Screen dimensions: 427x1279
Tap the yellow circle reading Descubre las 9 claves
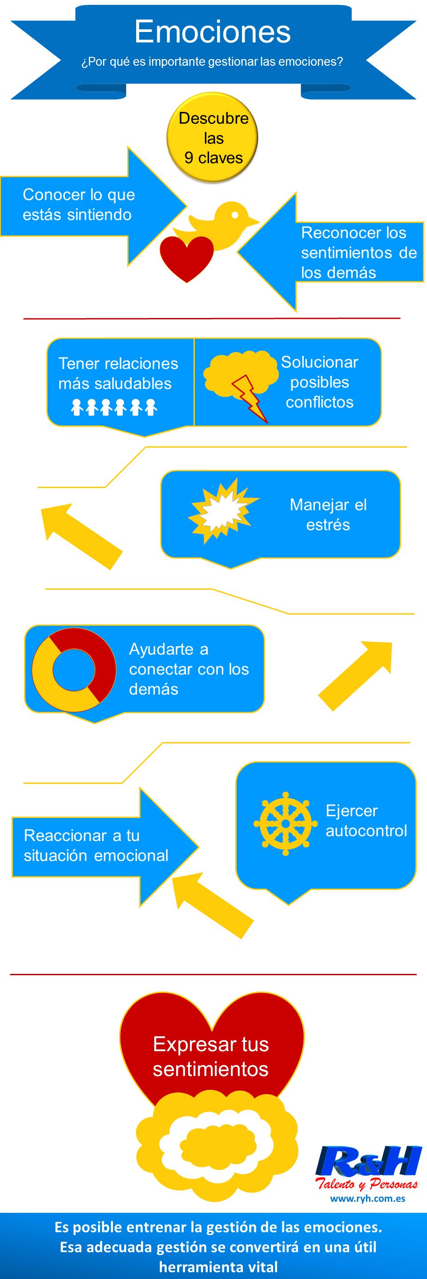click(212, 138)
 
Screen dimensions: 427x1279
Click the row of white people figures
click(114, 407)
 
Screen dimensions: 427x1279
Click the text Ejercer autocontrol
click(367, 820)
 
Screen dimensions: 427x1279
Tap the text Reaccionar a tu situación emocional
click(96, 845)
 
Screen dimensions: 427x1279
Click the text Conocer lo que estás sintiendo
click(79, 205)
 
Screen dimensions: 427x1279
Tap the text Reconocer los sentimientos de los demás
click(359, 252)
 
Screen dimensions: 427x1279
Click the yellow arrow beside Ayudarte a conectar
click(355, 675)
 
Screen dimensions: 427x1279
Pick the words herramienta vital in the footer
click(218, 1267)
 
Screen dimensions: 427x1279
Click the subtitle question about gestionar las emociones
click(212, 62)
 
